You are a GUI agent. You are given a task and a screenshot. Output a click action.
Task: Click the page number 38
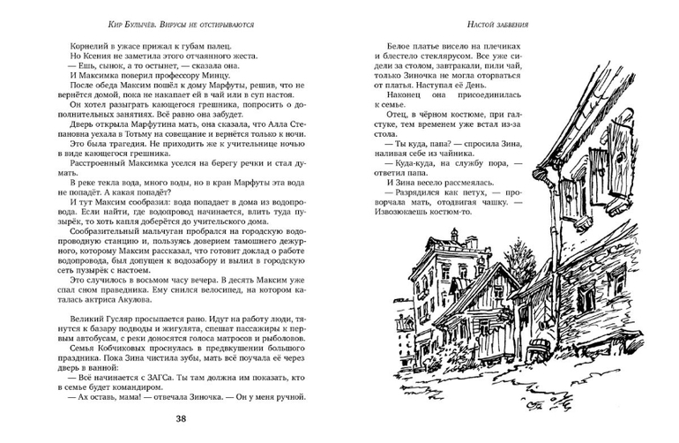(x=181, y=418)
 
